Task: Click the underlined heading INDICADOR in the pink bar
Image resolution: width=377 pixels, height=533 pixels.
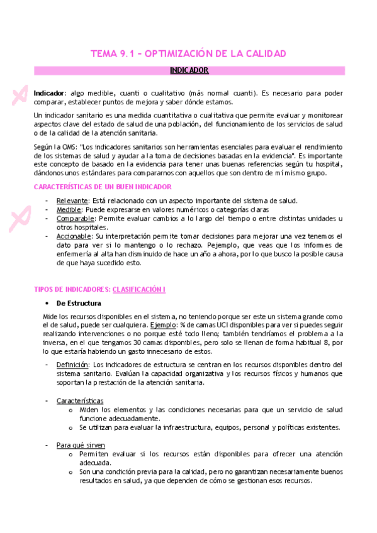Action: [x=189, y=70]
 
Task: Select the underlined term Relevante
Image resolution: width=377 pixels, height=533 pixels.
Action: [x=72, y=201]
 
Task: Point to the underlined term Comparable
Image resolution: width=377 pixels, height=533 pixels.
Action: [x=74, y=218]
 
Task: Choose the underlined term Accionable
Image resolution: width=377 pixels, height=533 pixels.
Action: [x=74, y=236]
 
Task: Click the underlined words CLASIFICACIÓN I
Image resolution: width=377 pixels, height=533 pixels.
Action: [x=138, y=289]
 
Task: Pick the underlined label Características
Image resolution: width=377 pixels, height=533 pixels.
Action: [x=80, y=400]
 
